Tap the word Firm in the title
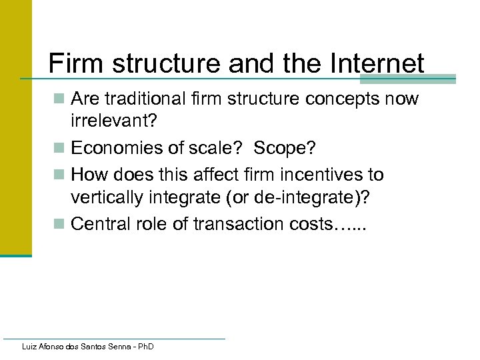pos(73,64)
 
